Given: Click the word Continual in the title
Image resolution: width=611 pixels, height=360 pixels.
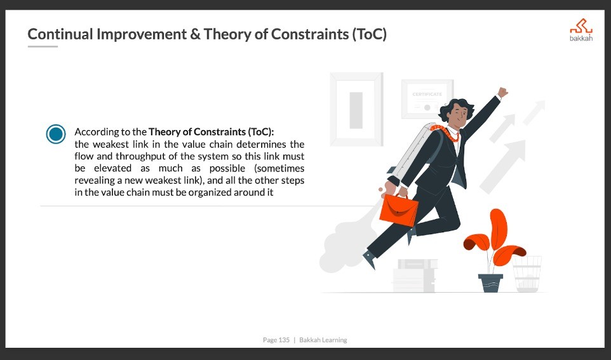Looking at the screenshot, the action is point(60,34).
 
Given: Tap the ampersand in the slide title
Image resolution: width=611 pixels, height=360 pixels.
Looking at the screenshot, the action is point(195,34).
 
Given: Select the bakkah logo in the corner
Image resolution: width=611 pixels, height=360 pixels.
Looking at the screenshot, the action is point(581,30).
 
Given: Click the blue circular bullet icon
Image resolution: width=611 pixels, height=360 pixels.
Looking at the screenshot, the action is point(56,134).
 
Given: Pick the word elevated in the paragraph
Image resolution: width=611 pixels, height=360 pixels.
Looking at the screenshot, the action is point(112,168).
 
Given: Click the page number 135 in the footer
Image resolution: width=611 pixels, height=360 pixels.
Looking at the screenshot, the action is point(284,340).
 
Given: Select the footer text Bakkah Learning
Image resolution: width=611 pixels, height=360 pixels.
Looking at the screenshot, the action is point(323,340).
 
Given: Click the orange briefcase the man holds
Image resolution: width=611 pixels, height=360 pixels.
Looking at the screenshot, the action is point(399,210).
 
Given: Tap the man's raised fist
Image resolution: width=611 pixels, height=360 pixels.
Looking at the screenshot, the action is point(502,92).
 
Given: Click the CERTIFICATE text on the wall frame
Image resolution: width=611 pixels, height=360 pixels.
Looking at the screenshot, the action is point(427,94).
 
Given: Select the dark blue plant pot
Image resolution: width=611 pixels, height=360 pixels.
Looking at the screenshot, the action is point(490,283).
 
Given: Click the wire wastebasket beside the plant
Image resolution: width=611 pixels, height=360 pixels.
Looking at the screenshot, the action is point(527,274).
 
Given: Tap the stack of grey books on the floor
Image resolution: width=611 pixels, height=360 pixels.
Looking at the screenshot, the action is point(415,276).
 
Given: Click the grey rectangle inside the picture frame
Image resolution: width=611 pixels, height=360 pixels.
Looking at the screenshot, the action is point(356,110).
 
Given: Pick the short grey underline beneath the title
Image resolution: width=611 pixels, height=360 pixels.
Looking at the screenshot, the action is point(43,47).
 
